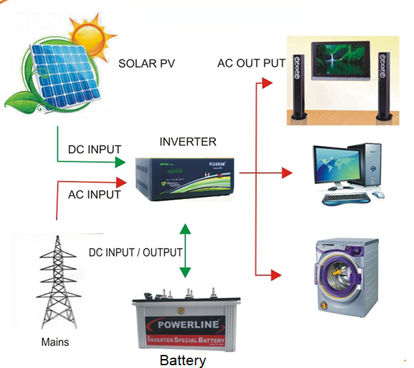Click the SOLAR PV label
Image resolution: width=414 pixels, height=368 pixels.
tap(147, 64)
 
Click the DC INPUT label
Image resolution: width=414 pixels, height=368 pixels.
tap(95, 149)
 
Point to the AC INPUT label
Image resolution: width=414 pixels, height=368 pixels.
tap(95, 194)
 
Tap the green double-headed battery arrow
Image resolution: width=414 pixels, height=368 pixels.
tap(184, 250)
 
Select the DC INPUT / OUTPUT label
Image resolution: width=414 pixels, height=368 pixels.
tap(135, 252)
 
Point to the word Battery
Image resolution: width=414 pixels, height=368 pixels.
tap(183, 360)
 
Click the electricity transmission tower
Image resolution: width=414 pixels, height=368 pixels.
tap(57, 283)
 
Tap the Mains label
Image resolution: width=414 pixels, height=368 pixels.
tap(55, 342)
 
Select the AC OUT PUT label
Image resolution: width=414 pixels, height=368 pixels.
tap(251, 63)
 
